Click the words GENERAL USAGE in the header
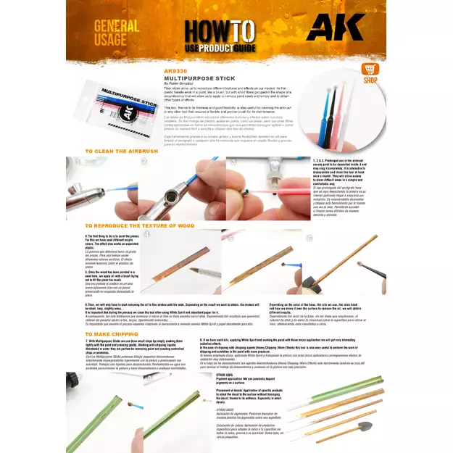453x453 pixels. point(115,33)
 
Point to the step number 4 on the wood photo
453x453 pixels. point(147,234)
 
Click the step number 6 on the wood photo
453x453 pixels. point(309,238)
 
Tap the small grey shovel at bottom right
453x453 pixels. point(364,428)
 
